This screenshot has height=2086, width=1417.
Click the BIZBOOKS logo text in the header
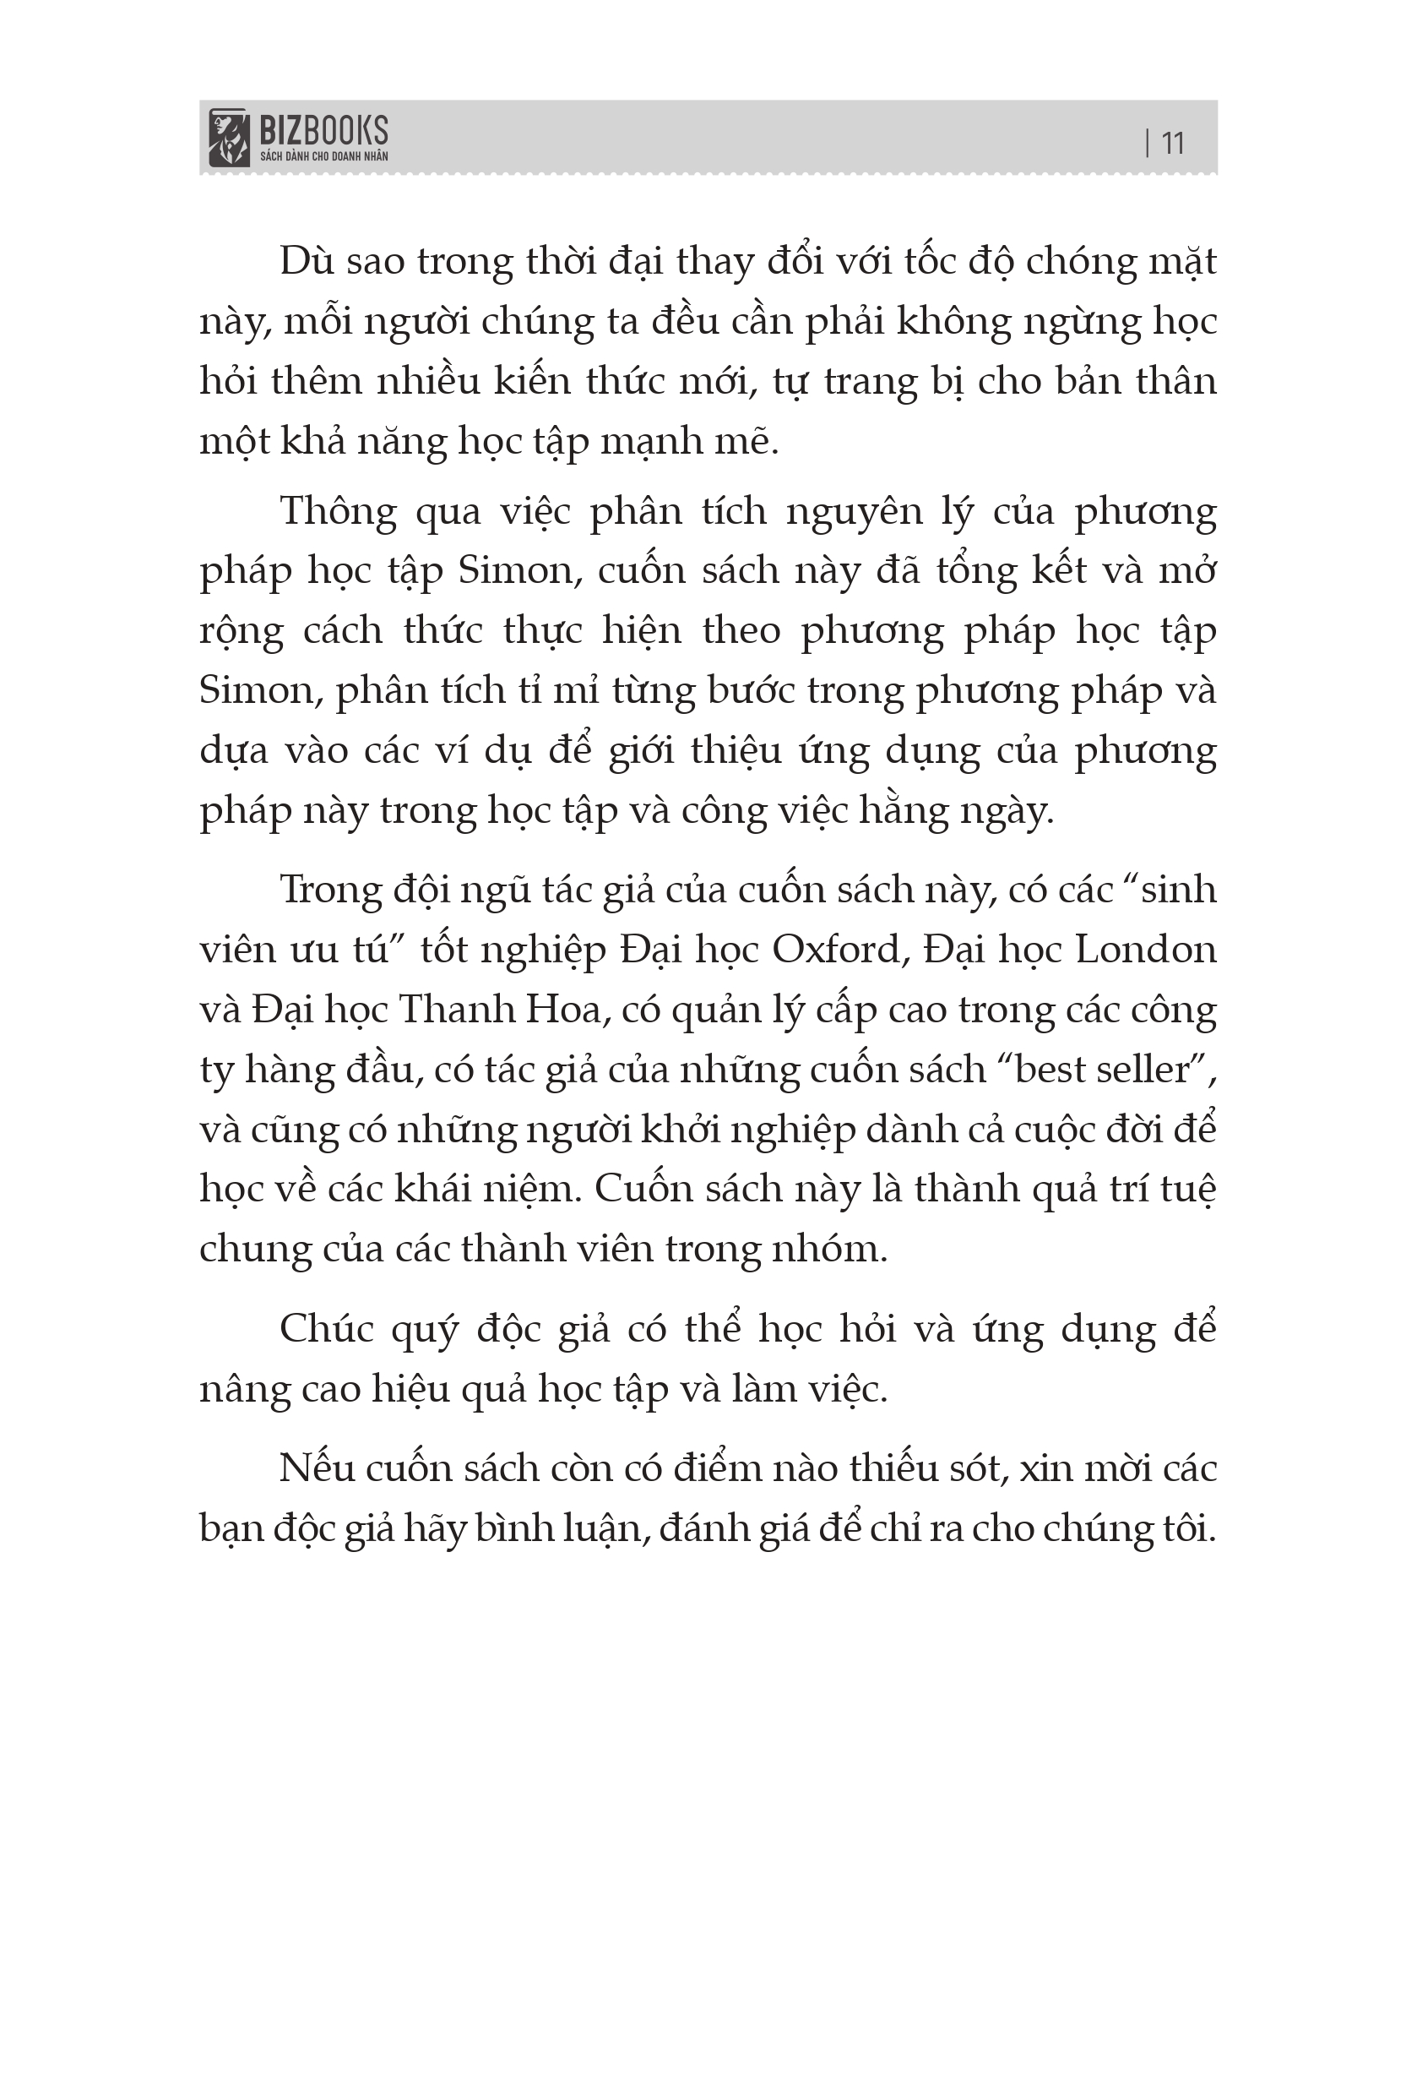[323, 132]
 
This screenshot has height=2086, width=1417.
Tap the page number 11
[1173, 143]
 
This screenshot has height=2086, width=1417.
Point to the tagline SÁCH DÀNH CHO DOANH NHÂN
[323, 156]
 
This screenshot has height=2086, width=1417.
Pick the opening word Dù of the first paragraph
[306, 262]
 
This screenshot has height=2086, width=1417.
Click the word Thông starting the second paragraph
[339, 512]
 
